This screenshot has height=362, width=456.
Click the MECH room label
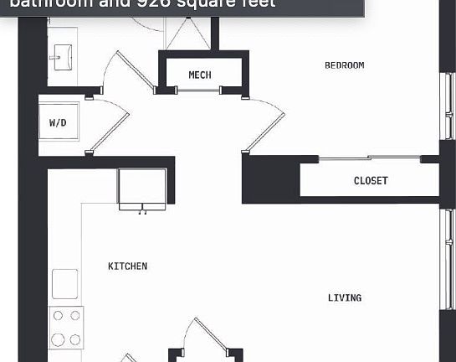[x=200, y=75]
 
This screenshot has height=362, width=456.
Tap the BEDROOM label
[x=345, y=65]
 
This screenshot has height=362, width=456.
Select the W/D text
[x=58, y=122]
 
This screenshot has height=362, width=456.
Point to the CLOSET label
[x=371, y=181]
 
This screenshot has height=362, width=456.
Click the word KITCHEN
[x=127, y=266]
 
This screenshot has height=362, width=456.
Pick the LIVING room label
[x=345, y=297]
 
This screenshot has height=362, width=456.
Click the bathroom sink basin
[x=60, y=58]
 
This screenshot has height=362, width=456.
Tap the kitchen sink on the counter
[x=65, y=283]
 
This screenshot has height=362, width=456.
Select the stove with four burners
[x=67, y=327]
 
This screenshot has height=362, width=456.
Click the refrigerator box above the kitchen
[x=141, y=188]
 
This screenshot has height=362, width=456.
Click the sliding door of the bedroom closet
[x=368, y=158]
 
